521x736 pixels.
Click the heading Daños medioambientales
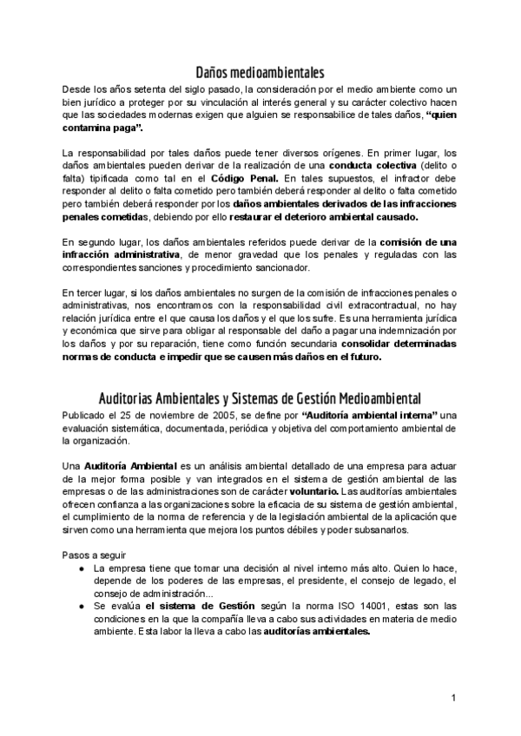pos(260,73)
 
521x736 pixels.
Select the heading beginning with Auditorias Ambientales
pos(260,398)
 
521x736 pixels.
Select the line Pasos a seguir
pos(96,554)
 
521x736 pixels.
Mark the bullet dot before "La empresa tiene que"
pos(81,568)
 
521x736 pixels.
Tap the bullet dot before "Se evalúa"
pos(81,605)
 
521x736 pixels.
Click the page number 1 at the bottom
pos(453,698)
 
